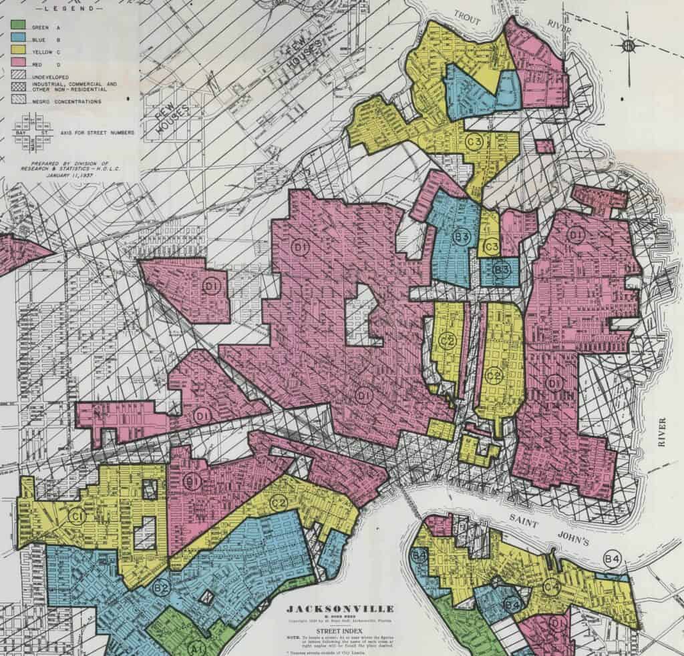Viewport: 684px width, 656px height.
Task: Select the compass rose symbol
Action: [x=628, y=45]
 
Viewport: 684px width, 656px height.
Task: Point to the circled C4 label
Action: [x=550, y=587]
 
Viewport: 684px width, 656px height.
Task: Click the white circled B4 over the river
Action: [x=611, y=558]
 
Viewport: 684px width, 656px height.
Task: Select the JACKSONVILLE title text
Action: [x=341, y=608]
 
